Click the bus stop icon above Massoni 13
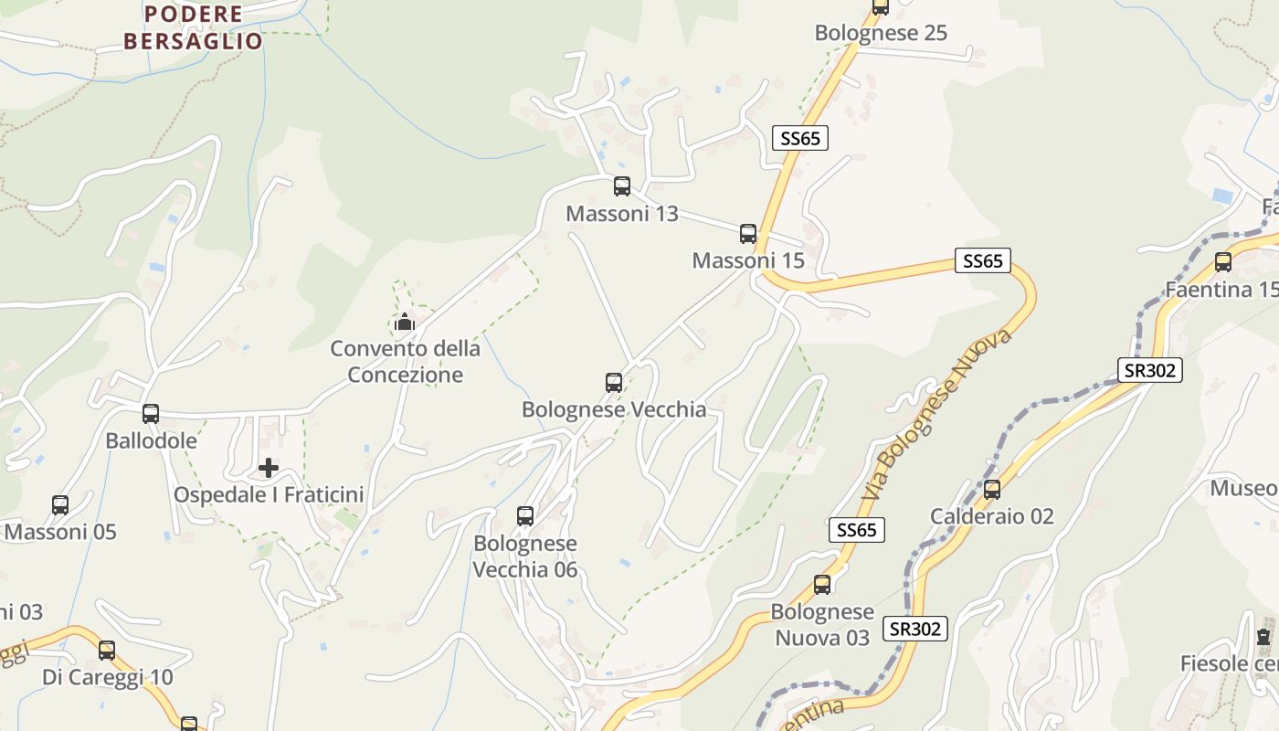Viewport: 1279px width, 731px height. click(622, 186)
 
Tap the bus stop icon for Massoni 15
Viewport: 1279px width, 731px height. click(748, 234)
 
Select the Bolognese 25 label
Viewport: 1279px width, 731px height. click(881, 34)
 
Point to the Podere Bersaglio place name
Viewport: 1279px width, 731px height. click(193, 28)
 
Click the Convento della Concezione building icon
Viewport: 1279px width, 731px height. click(405, 322)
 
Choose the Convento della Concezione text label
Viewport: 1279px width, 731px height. click(405, 362)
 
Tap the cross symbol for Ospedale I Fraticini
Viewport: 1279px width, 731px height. click(269, 469)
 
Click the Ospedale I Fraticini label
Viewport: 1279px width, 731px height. click(269, 495)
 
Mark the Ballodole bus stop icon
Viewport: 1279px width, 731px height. click(151, 414)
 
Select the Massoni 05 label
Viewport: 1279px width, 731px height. click(60, 532)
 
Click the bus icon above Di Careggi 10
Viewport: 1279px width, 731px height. click(107, 651)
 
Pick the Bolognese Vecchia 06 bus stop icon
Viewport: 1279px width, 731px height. click(525, 516)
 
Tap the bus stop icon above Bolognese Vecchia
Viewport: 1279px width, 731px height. click(614, 383)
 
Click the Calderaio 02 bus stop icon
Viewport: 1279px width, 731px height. click(992, 490)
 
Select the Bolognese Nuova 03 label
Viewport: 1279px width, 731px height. click(822, 624)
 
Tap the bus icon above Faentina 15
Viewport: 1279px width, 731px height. click(1223, 263)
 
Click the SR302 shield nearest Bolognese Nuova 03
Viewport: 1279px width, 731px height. click(915, 629)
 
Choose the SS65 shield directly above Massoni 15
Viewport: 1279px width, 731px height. click(800, 138)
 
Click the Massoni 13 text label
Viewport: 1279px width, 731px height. click(622, 214)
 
